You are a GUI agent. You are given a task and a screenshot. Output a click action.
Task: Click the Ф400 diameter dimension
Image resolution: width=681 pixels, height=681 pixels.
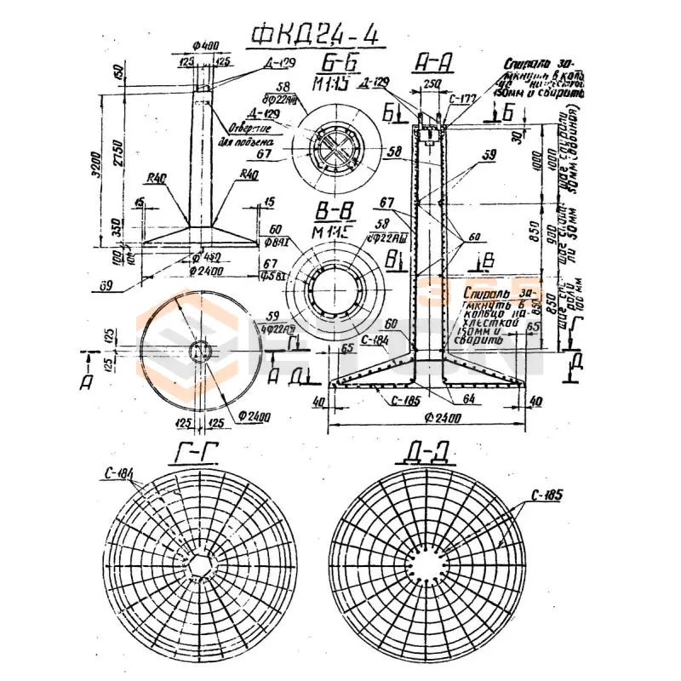tap(202, 44)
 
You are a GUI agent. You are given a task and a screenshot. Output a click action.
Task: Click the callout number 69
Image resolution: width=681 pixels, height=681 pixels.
tap(106, 285)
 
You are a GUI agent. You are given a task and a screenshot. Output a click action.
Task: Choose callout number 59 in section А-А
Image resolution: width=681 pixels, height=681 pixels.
tap(488, 155)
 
